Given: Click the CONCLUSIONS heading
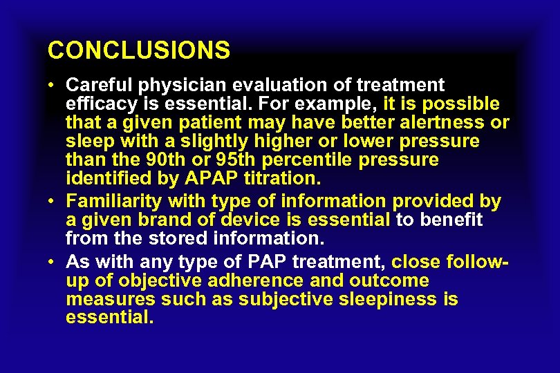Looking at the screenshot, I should point(139,50).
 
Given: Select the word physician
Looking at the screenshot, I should point(183,86).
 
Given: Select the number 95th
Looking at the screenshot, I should point(243,160).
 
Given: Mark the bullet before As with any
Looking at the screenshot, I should point(52,262).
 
